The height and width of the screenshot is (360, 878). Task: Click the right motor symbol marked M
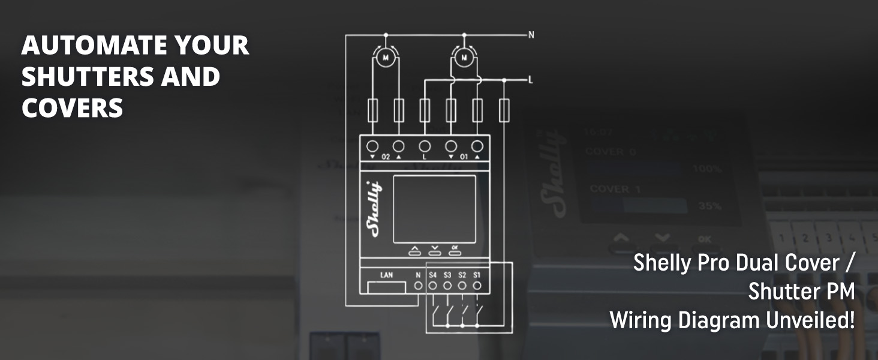click(x=462, y=58)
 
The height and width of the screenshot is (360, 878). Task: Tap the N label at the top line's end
click(x=531, y=35)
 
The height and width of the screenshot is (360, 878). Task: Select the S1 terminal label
click(x=477, y=275)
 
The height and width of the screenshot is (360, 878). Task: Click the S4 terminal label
click(x=433, y=275)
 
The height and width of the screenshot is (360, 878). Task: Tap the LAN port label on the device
click(x=387, y=275)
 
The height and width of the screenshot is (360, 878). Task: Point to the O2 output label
click(x=385, y=157)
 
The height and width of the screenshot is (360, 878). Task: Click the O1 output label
click(x=463, y=157)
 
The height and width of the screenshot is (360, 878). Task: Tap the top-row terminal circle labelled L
click(x=425, y=146)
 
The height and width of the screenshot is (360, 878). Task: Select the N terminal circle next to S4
click(x=419, y=286)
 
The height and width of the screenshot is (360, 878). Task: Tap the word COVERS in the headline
click(x=72, y=108)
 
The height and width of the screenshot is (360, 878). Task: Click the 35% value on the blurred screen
click(x=709, y=206)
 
